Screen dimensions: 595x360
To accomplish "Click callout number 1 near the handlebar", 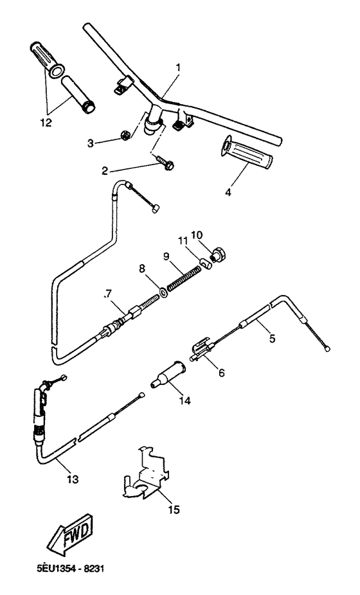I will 178,67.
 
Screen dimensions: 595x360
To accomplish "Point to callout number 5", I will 272,337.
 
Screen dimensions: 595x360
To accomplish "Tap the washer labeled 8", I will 165,292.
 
